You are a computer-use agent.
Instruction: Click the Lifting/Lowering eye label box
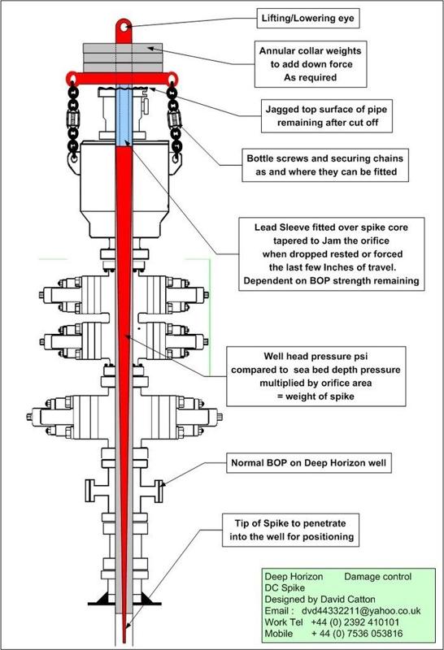pos(307,18)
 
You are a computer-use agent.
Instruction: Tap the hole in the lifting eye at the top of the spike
pos(124,27)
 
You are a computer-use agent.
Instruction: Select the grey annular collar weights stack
pos(123,58)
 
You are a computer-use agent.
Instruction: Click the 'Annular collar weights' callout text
pos(311,51)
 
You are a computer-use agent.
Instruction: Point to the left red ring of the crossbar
pos(72,78)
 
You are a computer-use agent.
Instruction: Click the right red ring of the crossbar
pos(172,78)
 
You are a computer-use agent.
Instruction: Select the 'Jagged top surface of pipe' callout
pos(327,115)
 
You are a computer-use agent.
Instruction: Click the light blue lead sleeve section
pos(124,115)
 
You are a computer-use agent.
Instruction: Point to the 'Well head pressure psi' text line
pos(316,356)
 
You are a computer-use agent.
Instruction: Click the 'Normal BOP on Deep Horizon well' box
pos(309,462)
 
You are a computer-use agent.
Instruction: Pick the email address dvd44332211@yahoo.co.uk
pos(361,611)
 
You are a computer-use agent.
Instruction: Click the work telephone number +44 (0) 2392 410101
pos(355,622)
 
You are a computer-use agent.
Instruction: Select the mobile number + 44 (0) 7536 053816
pos(357,634)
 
